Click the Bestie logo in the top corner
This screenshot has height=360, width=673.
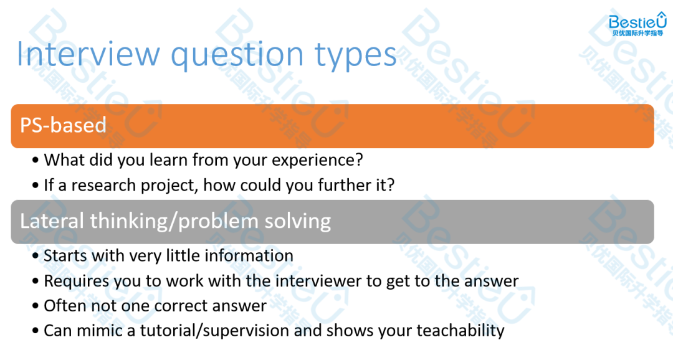tap(637, 24)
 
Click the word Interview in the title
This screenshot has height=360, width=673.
tap(88, 54)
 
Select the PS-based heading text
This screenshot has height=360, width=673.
tap(63, 125)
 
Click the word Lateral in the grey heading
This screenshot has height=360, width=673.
tap(52, 221)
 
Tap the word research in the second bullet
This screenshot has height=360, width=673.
tap(103, 186)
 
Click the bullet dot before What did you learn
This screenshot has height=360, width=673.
tap(35, 161)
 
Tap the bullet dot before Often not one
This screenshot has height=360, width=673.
tap(35, 306)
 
